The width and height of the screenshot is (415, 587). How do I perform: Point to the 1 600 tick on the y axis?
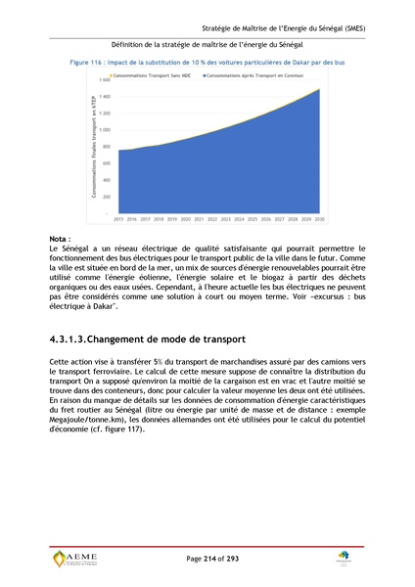coord(104,79)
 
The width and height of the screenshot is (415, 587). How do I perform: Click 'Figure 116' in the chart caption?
coord(88,61)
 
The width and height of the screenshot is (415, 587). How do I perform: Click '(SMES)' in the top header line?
coord(347,29)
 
